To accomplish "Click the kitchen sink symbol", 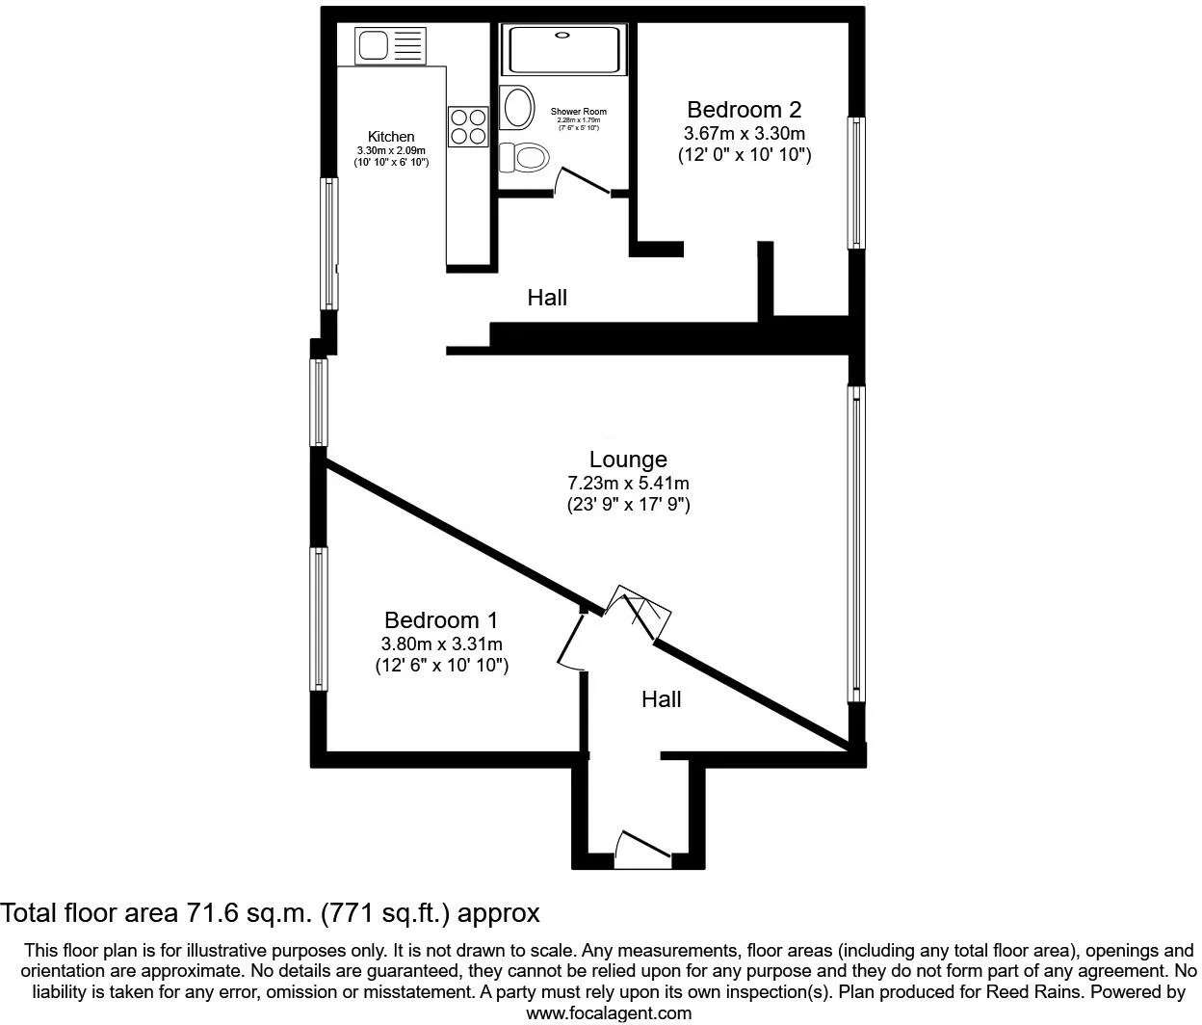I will click(390, 45).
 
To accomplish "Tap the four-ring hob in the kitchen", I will click(468, 125).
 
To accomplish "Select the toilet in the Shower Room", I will click(525, 156).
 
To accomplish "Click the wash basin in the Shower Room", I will click(517, 107).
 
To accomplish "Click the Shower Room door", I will click(584, 183).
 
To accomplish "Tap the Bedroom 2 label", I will click(744, 110).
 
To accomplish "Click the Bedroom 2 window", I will click(854, 183).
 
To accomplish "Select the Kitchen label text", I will click(391, 137).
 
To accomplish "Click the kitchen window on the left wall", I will click(329, 244).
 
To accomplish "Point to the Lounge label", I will click(628, 460).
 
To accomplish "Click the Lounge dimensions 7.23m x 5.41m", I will click(628, 483).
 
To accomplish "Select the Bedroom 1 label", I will click(441, 620).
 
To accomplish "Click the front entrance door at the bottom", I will click(642, 848).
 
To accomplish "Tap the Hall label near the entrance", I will click(661, 699).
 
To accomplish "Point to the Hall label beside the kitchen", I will click(547, 298).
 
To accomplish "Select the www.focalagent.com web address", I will click(608, 1012).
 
